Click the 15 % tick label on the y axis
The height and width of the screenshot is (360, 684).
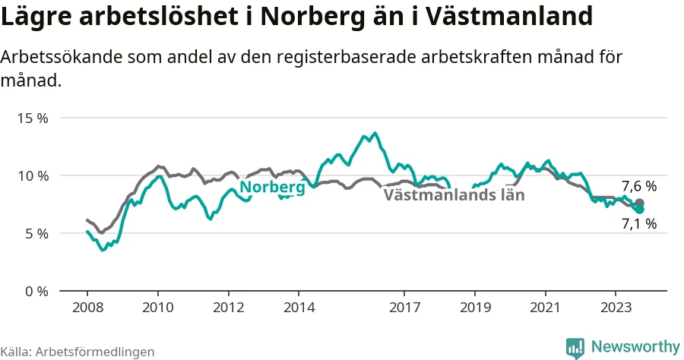pyautogui.click(x=33, y=118)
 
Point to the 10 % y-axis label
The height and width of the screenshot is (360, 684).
pyautogui.click(x=33, y=176)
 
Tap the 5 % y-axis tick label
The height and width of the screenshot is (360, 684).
pyautogui.click(x=36, y=234)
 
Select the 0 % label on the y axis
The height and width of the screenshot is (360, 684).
pyautogui.click(x=36, y=291)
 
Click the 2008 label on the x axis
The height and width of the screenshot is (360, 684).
pyautogui.click(x=87, y=308)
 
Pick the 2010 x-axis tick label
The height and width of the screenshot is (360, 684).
pyautogui.click(x=158, y=308)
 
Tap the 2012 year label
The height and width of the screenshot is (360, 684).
pyautogui.click(x=229, y=308)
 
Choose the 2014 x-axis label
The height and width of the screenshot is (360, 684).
pyautogui.click(x=299, y=308)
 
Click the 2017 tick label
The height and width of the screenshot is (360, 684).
pyautogui.click(x=405, y=308)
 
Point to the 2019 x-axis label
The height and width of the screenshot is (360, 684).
pyautogui.click(x=475, y=308)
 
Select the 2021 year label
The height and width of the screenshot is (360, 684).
pyautogui.click(x=545, y=308)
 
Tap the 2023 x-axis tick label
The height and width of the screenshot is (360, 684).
pyautogui.click(x=616, y=308)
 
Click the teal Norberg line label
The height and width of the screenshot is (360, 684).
pyautogui.click(x=273, y=187)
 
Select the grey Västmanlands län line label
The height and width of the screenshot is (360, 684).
pyautogui.click(x=454, y=194)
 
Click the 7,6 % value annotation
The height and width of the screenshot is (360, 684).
pyautogui.click(x=639, y=186)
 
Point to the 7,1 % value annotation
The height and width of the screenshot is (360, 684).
pyautogui.click(x=639, y=223)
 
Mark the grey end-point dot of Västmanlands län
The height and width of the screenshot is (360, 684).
pyautogui.click(x=639, y=203)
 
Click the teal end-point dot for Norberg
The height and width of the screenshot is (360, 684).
pyautogui.click(x=639, y=209)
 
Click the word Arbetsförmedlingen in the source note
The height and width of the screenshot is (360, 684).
pyautogui.click(x=95, y=352)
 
